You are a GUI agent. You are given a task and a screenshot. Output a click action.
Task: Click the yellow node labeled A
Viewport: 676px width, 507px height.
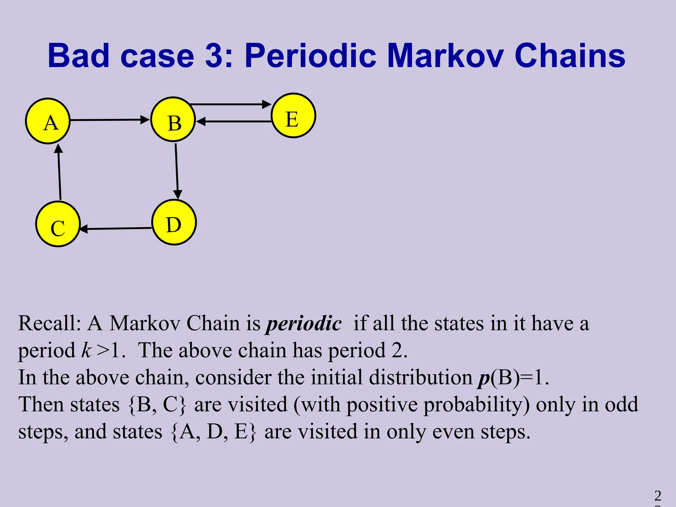48,121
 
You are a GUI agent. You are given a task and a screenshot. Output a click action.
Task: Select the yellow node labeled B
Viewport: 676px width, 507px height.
173,119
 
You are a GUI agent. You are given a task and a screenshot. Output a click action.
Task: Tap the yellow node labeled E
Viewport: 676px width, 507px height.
293,116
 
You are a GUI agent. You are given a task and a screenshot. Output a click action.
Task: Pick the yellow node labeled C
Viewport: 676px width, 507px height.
58,224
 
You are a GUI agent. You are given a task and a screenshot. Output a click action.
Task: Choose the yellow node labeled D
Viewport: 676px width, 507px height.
174,222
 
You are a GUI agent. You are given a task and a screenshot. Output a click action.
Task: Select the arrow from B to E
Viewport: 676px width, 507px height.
230,104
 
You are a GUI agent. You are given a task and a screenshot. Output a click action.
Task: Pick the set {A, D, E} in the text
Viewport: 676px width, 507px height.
214,432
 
